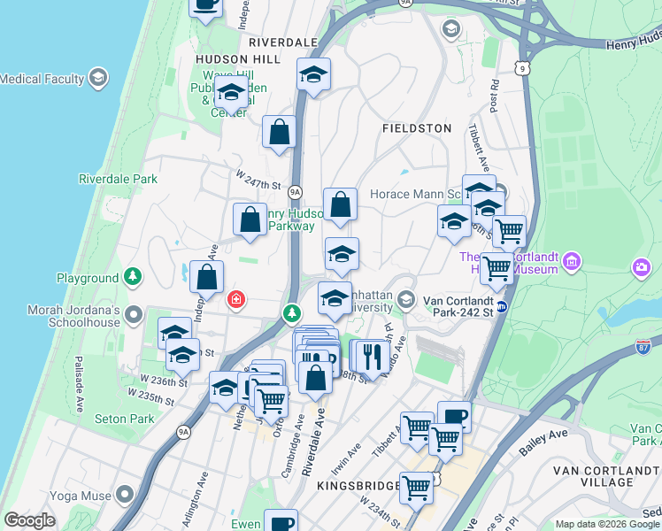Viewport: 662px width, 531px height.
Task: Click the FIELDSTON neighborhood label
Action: point(417,128)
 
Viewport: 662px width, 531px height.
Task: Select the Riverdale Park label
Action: point(118,179)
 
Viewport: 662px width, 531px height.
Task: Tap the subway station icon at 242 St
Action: point(502,306)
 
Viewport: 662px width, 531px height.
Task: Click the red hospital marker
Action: point(236,299)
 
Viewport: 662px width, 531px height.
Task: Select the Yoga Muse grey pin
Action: point(126,493)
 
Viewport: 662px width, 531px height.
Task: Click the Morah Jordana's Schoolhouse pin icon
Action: point(134,314)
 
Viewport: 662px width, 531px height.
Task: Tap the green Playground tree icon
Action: point(132,278)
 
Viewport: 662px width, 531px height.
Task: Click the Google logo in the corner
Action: point(30,520)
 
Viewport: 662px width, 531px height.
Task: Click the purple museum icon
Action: point(572,262)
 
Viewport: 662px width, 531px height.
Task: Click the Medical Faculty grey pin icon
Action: point(97,78)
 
